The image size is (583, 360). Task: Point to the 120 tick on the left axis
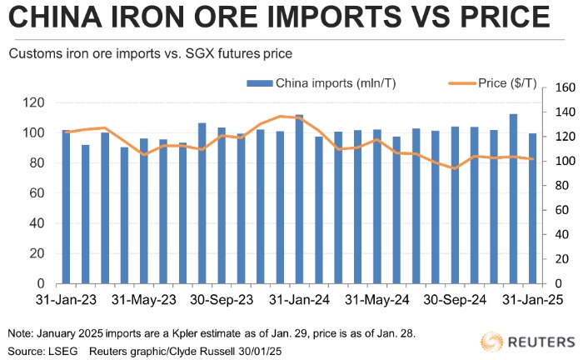tap(36, 102)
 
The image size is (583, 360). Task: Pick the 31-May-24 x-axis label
tap(376, 298)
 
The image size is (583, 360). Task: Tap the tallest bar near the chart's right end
tap(513, 199)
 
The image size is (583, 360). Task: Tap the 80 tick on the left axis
tap(39, 163)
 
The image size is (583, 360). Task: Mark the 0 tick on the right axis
tap(556, 284)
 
